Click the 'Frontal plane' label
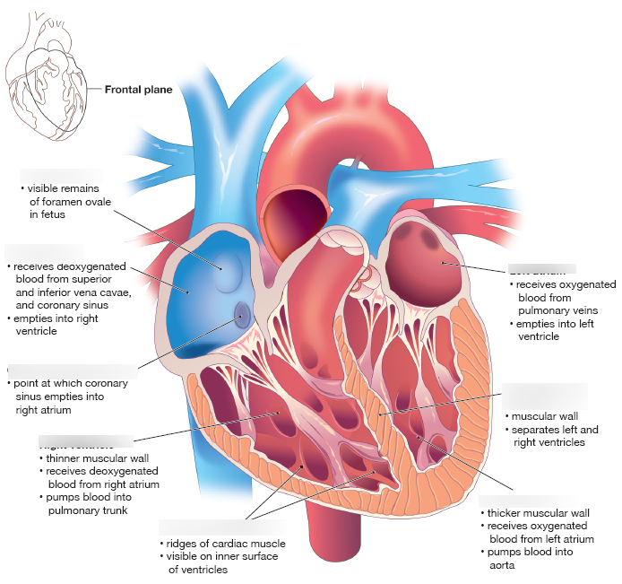[x=138, y=90]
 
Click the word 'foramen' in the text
[x=70, y=202]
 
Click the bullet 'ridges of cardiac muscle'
[x=225, y=544]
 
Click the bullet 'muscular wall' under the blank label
[x=544, y=416]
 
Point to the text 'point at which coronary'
[x=70, y=383]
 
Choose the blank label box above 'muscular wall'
[x=545, y=396]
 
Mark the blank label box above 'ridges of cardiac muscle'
[x=221, y=527]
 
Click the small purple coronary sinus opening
[x=242, y=314]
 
